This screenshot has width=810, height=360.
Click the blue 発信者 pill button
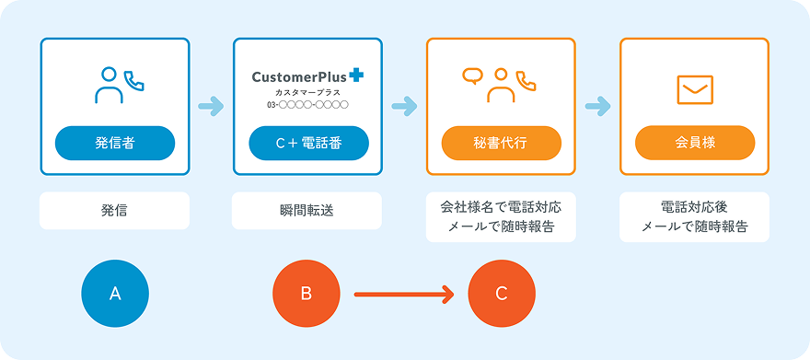click(x=115, y=143)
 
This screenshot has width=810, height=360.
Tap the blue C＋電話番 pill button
click(x=308, y=143)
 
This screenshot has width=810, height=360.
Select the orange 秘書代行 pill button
click(x=501, y=143)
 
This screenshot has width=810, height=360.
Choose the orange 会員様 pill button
click(x=695, y=143)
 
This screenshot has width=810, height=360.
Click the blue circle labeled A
click(x=115, y=294)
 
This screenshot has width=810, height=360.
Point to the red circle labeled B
click(x=307, y=294)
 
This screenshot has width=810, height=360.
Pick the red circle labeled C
click(x=501, y=294)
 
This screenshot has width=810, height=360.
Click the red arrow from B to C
click(x=403, y=295)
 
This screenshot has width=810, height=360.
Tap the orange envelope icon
click(x=695, y=90)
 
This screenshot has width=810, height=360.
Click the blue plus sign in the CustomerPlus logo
click(x=356, y=75)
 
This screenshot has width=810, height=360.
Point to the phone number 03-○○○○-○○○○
click(x=307, y=105)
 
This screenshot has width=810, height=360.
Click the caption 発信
click(x=114, y=211)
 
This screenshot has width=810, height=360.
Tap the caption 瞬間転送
click(x=307, y=211)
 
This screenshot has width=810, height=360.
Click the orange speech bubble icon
click(x=471, y=75)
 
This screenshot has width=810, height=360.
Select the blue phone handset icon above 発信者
click(x=134, y=80)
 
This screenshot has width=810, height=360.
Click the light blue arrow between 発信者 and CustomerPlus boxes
click(x=212, y=107)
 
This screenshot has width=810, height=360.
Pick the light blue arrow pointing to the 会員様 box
click(x=597, y=107)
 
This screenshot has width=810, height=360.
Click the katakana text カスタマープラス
click(x=307, y=93)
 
